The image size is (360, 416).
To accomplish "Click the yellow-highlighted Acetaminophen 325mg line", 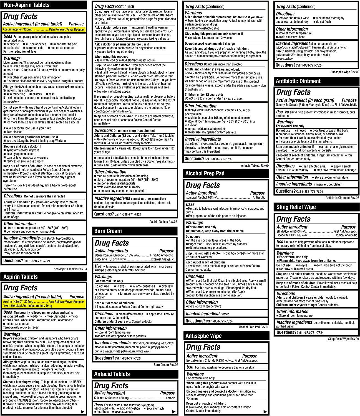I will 44,29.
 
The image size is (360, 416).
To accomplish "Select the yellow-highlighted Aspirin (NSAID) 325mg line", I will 44,302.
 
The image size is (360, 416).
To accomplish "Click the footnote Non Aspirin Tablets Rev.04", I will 70,269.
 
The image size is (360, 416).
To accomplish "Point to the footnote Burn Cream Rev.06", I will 166,365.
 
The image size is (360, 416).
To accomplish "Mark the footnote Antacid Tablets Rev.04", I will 255,166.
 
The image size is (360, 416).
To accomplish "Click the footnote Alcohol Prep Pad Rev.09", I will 254,327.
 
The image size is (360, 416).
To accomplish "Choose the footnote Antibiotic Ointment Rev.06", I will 342,198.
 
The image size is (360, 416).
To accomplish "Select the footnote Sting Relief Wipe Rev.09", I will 343,339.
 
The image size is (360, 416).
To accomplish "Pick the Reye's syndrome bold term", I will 15,338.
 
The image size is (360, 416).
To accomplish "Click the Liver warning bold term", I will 13,63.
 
